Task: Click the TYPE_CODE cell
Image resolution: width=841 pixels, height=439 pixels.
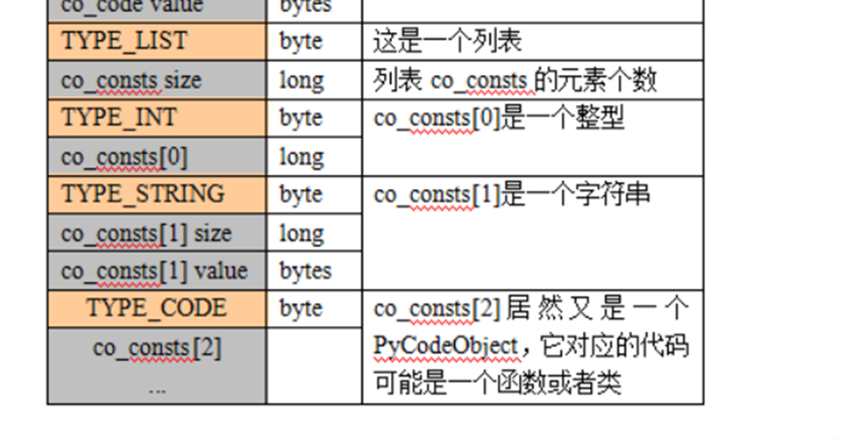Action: point(156,308)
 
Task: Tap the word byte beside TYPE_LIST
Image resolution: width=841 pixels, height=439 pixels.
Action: point(300,41)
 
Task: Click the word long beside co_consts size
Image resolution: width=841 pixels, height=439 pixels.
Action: point(301,80)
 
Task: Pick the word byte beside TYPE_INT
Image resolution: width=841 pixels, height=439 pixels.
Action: point(300,118)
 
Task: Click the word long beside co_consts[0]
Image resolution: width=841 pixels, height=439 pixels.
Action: point(301,156)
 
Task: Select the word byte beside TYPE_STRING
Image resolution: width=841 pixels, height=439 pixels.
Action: point(300,194)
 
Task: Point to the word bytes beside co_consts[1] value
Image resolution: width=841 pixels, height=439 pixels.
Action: point(305,270)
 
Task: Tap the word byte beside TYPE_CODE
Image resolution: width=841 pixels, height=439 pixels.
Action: point(300,308)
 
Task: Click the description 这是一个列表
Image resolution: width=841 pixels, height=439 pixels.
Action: point(447,41)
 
